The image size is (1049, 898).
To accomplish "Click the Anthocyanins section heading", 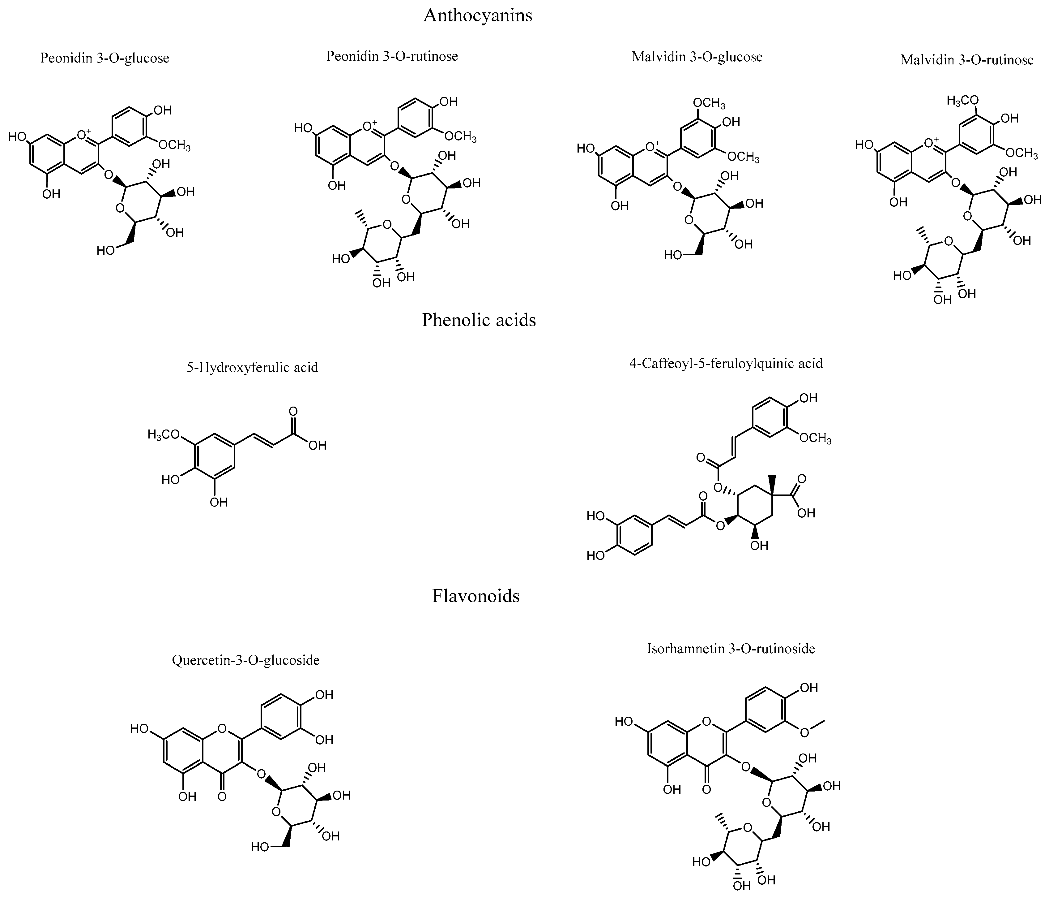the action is coord(477,16).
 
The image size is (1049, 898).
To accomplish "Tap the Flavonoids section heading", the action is coord(475,596).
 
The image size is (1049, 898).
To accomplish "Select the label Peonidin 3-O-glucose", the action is coord(105,58).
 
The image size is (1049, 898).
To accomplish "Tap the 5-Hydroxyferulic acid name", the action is coord(252,367).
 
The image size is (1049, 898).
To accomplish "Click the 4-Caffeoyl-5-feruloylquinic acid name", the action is coord(726,363).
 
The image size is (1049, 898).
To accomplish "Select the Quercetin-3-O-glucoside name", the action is coord(245,660).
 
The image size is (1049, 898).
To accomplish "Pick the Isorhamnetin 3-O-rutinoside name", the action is coord(731,649).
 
